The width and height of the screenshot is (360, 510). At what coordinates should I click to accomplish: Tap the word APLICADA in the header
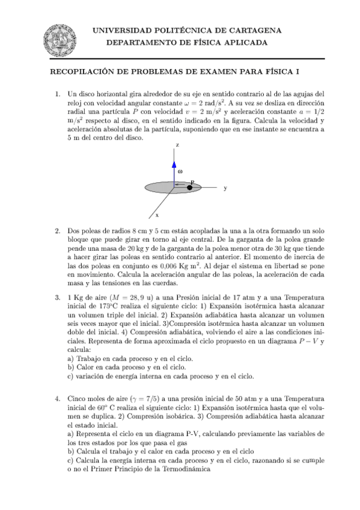243,43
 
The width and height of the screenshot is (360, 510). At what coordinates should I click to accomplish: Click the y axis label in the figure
225,188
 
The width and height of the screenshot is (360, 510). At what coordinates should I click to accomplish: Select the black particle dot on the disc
190,188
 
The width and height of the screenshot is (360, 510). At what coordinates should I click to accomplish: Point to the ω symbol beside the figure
180,171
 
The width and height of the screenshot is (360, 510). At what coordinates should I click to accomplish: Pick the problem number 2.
58,231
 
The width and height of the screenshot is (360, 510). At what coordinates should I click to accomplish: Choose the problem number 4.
58,398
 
